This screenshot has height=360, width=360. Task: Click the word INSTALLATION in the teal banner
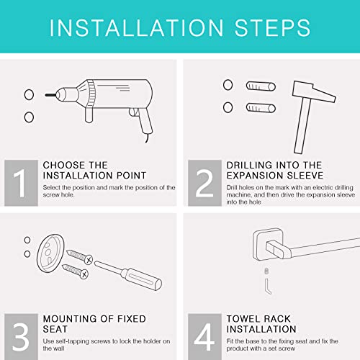136,28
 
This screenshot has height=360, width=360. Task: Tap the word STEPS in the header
272,28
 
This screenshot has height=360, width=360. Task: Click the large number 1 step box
21,183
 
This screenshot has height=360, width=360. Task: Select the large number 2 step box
204,183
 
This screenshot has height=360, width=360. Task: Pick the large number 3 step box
21,336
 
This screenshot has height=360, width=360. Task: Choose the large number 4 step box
204,336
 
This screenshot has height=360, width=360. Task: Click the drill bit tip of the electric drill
46,95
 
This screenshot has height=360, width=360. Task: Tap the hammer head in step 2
313,91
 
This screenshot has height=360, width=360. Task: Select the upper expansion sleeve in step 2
261,86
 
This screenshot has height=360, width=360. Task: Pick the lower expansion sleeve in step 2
261,108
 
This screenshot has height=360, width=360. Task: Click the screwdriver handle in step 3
143,279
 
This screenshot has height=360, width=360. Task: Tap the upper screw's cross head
89,259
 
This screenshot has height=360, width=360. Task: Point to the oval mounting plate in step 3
50,253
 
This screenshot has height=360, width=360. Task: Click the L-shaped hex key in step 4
268,286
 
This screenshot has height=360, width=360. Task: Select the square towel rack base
269,245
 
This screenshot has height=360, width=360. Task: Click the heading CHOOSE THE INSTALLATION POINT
94,170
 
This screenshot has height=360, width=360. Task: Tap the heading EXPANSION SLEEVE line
275,176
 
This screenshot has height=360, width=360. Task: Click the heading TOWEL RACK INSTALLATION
261,324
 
